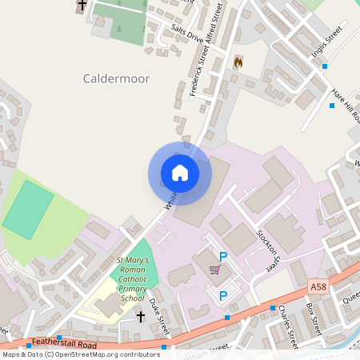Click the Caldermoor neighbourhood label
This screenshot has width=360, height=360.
coord(115,78)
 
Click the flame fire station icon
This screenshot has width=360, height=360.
coord(238,62)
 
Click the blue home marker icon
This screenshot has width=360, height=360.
coord(179,172)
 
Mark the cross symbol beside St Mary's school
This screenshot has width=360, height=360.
coord(141,317)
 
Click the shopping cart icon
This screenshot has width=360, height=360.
coord(214,269)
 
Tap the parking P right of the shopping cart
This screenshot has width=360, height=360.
coord(224,257)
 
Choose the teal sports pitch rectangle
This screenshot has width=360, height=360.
coord(28,209)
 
